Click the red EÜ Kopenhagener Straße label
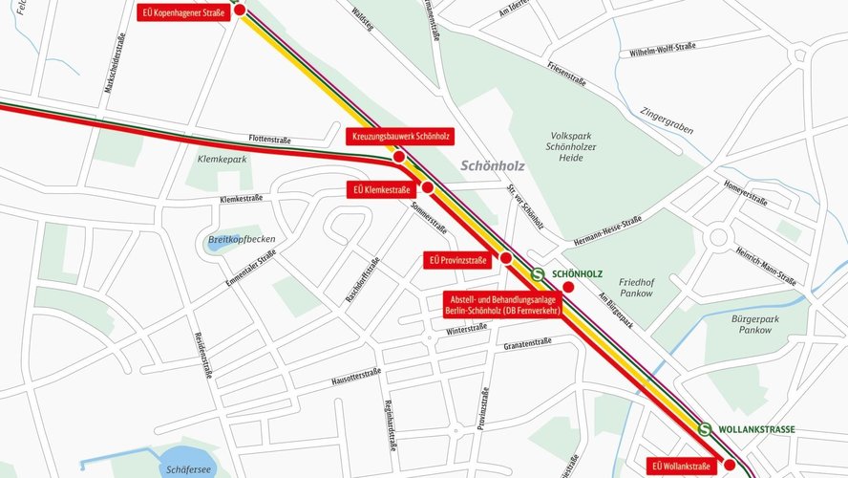coord(181,11)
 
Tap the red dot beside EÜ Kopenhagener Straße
coord(240,10)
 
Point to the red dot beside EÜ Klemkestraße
coord(428,188)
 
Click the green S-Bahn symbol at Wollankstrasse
coord(705,430)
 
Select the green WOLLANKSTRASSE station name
coord(758,430)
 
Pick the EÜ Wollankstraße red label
coord(681,467)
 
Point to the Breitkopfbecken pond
coord(220,242)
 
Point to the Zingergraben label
coord(668,119)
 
